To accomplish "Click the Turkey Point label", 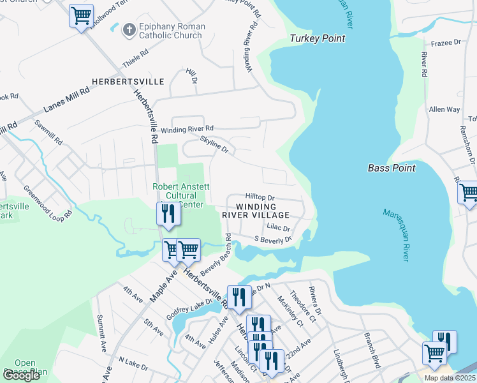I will point(317,38).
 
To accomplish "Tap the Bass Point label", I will point(392,168).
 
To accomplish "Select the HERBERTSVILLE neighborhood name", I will point(128,82).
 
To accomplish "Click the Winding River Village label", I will point(257,211).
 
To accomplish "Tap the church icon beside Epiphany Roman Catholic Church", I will point(129,30).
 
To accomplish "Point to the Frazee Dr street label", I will point(445,43).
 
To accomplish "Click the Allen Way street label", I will point(444,110).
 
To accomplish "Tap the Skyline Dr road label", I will point(214,144).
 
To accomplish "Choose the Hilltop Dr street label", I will point(259,198).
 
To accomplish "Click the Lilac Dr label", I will point(279,228).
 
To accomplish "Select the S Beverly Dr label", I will point(273,239).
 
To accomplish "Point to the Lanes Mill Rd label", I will point(66,100).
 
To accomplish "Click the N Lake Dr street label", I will point(133,368).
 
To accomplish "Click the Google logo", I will point(21,375).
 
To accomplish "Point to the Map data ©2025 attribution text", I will point(449,378).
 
